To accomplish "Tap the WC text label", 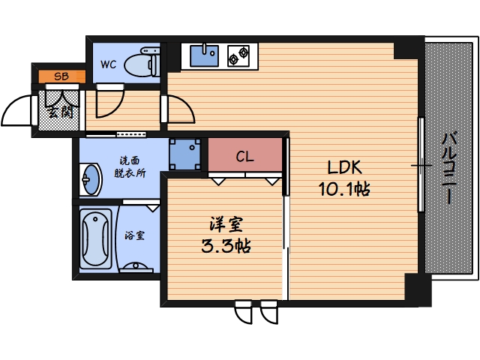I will point(109,65).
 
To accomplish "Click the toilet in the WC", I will point(142,62).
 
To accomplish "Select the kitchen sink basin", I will point(203,55).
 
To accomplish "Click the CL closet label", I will point(244,157).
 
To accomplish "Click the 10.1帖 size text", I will point(344,189).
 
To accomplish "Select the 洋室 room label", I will point(225,224).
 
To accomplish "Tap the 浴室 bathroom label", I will point(136,235).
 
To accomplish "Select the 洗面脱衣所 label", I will point(130,166).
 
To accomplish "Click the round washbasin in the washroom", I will point(89,179).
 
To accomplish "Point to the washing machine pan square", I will point(184,155).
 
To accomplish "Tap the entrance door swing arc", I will point(16,112).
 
